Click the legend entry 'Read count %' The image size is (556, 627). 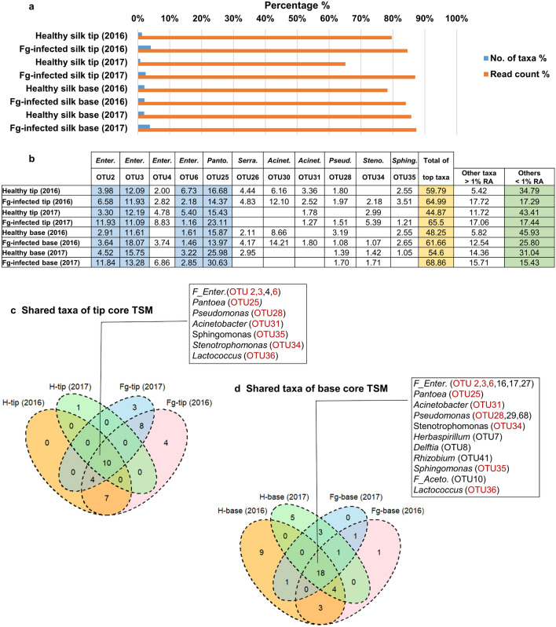[x=516, y=73]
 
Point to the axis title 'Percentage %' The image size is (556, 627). [x=297, y=5]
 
